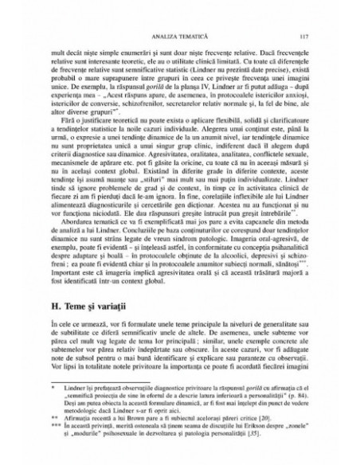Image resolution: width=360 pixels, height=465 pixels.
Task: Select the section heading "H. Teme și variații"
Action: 88,283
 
